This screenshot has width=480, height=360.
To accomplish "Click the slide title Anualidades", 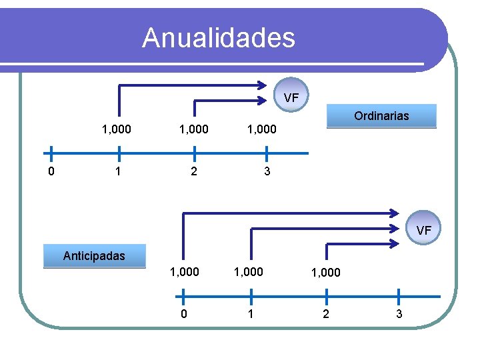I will pyautogui.click(x=219, y=37).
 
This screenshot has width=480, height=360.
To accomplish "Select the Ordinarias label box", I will pyautogui.click(x=381, y=116).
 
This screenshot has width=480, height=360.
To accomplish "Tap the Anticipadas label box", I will pyautogui.click(x=94, y=255).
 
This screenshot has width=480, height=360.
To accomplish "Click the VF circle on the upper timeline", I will pyautogui.click(x=291, y=98).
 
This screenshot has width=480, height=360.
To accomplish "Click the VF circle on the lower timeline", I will pyautogui.click(x=424, y=231).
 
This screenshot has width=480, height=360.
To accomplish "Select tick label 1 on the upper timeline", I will pyautogui.click(x=118, y=172).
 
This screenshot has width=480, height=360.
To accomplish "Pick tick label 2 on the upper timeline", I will pyautogui.click(x=193, y=172).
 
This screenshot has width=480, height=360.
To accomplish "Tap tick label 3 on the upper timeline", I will pyautogui.click(x=267, y=172).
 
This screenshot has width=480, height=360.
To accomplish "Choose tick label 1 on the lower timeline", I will pyautogui.click(x=251, y=315).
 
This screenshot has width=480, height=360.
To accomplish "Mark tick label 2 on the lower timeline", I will pyautogui.click(x=325, y=315).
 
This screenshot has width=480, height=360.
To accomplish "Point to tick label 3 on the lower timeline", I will pyautogui.click(x=399, y=315).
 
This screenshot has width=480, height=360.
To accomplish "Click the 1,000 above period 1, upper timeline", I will pyautogui.click(x=116, y=129).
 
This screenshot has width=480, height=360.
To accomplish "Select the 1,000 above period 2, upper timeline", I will pyautogui.click(x=193, y=129).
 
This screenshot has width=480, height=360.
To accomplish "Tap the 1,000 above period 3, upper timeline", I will pyautogui.click(x=262, y=129).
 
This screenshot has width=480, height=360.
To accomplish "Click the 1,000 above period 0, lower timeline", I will pyautogui.click(x=184, y=271).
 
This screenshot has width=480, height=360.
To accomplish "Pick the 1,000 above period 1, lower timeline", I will pyautogui.click(x=249, y=271).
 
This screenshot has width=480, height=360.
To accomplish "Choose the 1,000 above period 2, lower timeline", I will pyautogui.click(x=325, y=272).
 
